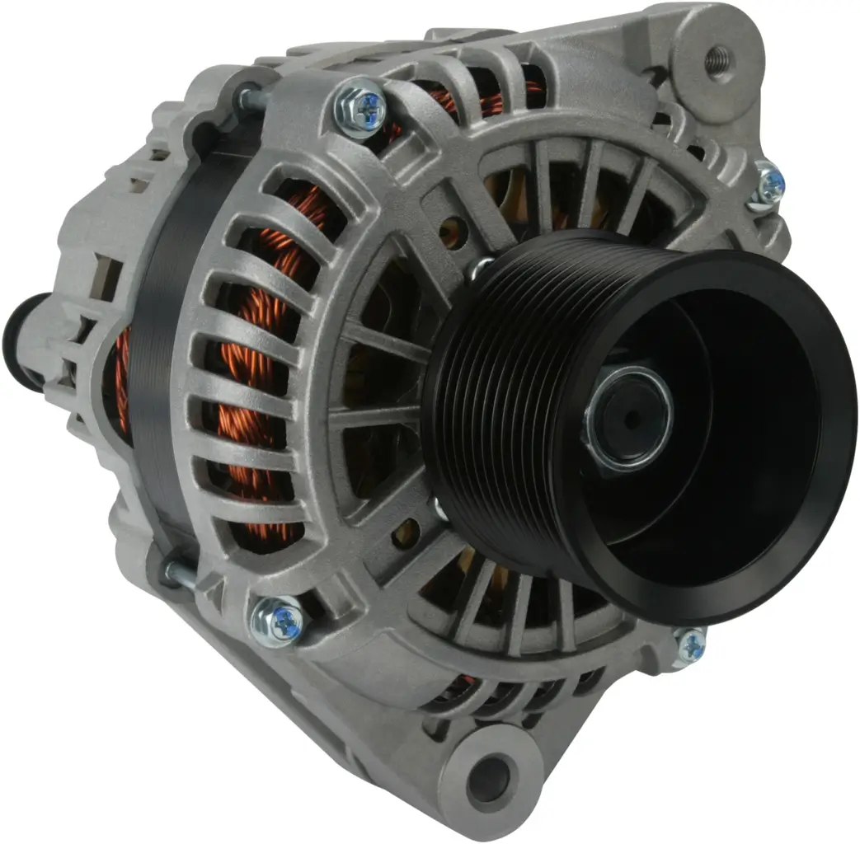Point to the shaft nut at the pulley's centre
628,419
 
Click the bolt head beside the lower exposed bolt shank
277,621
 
